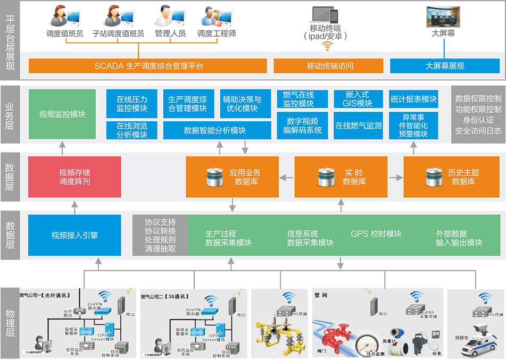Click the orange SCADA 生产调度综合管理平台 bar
[148, 66]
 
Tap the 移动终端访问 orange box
[328, 66]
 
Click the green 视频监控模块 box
[62, 114]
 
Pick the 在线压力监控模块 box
[132, 104]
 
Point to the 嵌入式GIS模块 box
[359, 99]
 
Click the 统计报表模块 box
[413, 99]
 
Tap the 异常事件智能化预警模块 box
[413, 125]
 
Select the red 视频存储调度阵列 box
[74, 177]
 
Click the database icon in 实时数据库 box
[325, 177]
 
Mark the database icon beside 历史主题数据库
[434, 177]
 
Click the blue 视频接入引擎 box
[74, 235]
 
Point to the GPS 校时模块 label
[376, 234]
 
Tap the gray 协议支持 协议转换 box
[160, 235]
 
